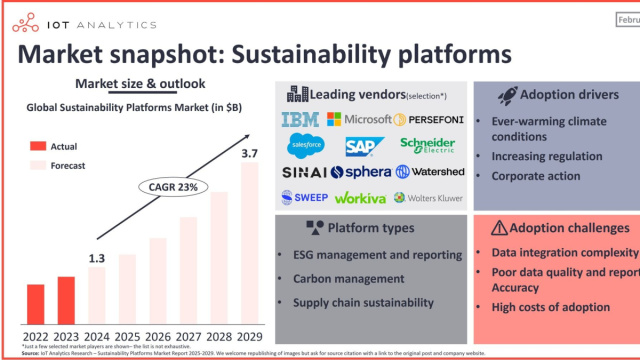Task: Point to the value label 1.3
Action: pos(97,260)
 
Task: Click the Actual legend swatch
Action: pos(36,146)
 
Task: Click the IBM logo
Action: pos(299,120)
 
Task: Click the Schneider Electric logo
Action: pos(426,146)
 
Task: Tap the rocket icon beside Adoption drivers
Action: pos(505,95)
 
